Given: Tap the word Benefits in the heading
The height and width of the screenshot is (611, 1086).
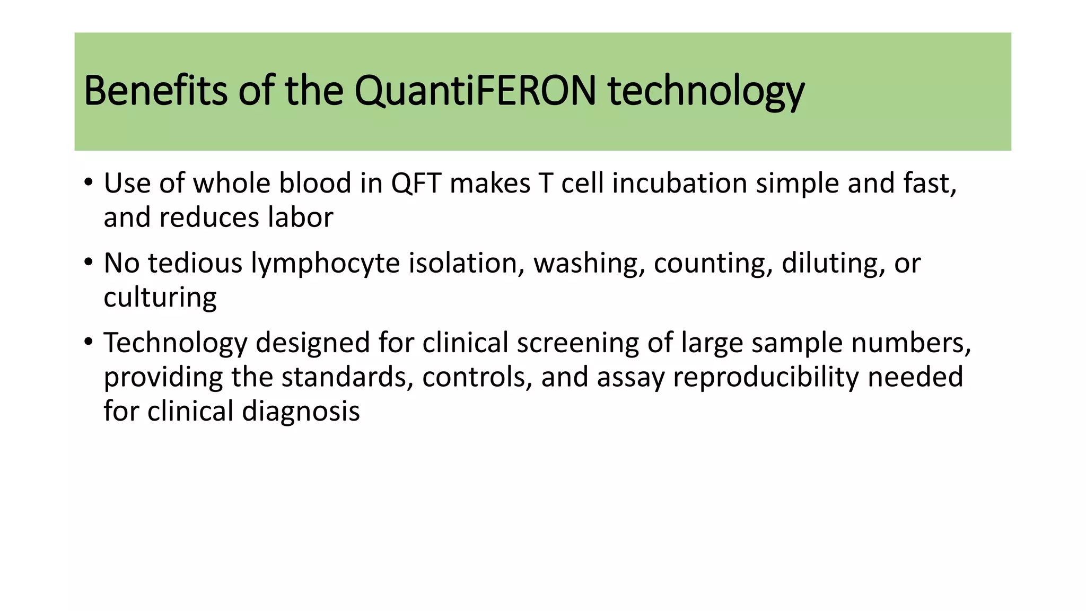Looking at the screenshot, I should (155, 91).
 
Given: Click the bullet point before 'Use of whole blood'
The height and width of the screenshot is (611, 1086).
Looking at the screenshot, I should (89, 184).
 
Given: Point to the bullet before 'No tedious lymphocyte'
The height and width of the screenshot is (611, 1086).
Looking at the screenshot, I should (89, 263).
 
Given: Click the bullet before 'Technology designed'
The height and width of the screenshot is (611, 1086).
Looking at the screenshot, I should (89, 343).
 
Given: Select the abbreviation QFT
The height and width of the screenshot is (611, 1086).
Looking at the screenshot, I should (416, 184).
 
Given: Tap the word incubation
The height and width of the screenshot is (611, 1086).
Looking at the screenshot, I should (679, 184).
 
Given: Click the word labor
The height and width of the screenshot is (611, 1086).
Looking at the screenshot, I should (300, 217).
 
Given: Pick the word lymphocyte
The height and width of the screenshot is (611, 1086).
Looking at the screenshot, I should (325, 264).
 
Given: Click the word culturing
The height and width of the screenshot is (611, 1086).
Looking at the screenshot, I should (160, 298).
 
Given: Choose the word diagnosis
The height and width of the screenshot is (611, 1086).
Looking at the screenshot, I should (301, 412).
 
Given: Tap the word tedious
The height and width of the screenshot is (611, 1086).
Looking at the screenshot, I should (195, 264).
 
